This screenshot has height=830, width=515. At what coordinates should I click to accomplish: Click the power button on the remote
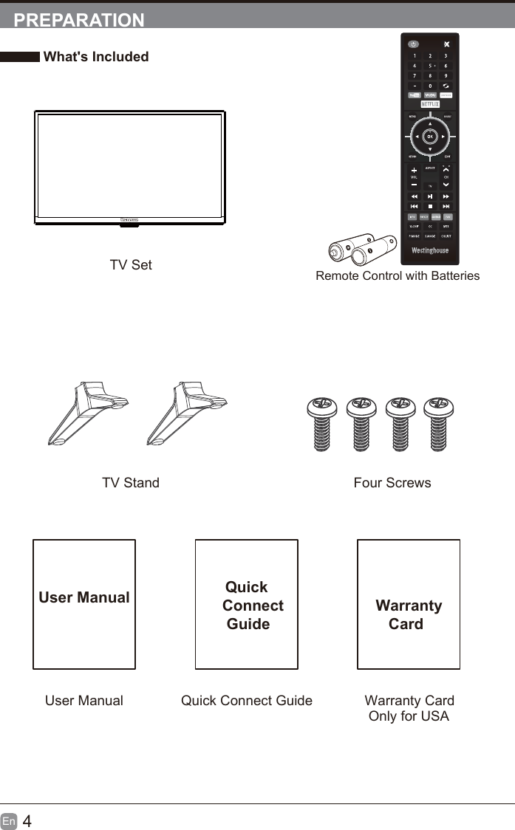414,44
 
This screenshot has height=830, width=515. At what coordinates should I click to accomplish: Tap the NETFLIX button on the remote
430,104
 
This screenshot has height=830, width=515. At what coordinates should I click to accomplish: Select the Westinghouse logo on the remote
430,250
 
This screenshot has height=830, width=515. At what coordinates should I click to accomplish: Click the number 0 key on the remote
430,86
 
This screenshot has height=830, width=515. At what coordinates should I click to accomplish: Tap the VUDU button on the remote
430,95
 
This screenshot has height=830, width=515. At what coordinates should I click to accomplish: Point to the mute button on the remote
446,44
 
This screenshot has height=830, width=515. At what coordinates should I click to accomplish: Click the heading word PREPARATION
79,20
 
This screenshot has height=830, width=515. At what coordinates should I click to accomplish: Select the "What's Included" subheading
96,57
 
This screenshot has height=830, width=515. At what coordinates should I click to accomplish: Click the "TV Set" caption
131,265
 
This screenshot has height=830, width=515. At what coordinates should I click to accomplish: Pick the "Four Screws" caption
392,483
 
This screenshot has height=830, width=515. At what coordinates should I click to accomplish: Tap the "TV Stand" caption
131,483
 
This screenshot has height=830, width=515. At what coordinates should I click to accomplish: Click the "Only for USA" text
409,716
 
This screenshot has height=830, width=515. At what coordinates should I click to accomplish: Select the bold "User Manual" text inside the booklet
84,597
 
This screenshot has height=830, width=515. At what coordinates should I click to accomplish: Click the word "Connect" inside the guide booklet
253,606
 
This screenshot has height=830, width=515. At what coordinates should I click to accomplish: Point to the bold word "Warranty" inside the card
409,606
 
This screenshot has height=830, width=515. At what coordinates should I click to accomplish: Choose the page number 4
27,821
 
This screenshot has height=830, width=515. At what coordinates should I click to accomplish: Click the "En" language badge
9,821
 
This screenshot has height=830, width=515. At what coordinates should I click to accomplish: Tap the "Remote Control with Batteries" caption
398,276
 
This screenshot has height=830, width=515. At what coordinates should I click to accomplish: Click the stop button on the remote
430,206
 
